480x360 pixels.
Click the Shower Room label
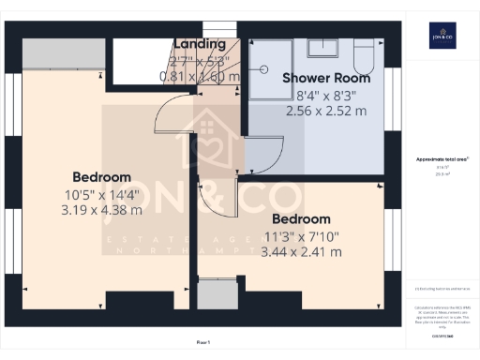(326, 79)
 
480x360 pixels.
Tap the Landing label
(200, 44)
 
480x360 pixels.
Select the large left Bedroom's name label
(101, 177)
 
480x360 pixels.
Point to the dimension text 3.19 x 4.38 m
(101, 210)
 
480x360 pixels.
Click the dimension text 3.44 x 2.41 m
(301, 252)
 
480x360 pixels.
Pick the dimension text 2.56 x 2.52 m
(326, 110)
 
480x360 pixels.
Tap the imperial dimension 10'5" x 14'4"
(101, 194)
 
